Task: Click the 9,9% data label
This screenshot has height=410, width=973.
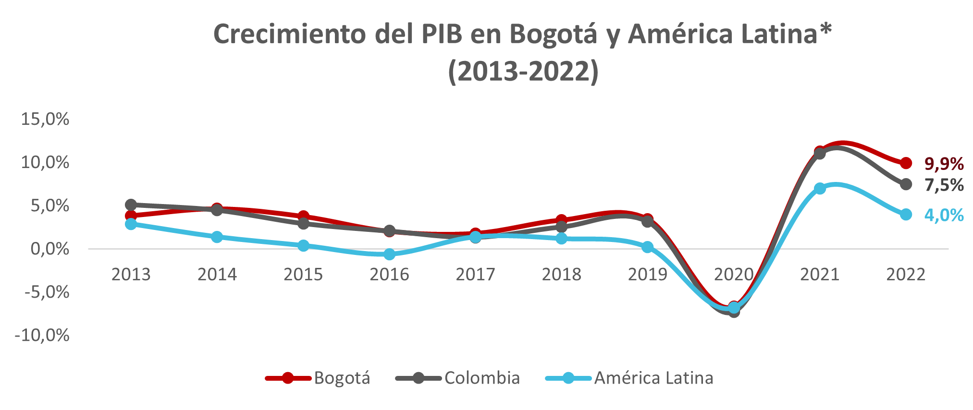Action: tap(944, 164)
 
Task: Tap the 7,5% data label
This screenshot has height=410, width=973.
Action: tap(944, 185)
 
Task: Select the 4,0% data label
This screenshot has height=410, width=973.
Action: tap(944, 215)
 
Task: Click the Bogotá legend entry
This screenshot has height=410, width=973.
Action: tap(342, 378)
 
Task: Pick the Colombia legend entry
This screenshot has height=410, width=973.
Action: tap(482, 378)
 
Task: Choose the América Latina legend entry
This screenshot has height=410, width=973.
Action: tap(653, 378)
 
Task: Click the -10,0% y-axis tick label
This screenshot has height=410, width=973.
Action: tap(42, 335)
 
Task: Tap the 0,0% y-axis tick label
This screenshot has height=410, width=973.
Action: tap(49, 249)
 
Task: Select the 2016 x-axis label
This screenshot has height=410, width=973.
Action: tap(389, 275)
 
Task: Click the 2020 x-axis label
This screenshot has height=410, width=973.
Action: tap(733, 275)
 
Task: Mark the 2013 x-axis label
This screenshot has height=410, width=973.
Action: tap(131, 275)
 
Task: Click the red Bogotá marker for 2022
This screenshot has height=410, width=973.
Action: tap(906, 163)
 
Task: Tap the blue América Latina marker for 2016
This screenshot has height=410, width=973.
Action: tap(389, 254)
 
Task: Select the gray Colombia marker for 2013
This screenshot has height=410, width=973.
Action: tap(131, 205)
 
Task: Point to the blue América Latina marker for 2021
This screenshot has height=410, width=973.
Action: tap(820, 189)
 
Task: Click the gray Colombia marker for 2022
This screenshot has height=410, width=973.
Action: tap(906, 184)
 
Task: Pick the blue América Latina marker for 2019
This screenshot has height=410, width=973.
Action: tap(647, 247)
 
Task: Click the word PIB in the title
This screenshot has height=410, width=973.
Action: tap(442, 35)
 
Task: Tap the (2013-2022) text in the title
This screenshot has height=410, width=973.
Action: tap(523, 72)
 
